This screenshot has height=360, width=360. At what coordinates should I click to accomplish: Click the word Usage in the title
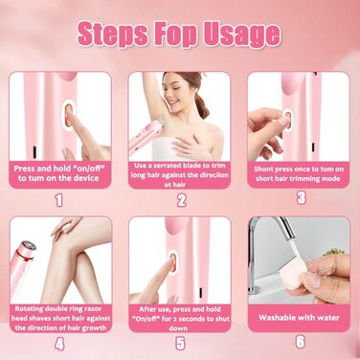point(242,34)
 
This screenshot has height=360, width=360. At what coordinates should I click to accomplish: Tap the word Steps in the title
point(113,34)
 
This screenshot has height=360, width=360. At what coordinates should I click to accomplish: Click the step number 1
point(58,200)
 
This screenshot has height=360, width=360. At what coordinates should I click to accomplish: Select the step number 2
point(181,200)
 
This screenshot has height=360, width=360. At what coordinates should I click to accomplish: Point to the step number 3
point(302,198)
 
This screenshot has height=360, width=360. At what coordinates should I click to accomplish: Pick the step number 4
point(59,344)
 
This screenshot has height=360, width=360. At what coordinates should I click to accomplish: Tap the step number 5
point(180,344)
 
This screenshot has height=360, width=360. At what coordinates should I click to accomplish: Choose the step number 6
point(301,342)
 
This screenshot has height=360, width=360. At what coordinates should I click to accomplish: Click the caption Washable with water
point(299,318)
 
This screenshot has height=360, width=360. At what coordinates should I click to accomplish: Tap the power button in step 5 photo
point(173,262)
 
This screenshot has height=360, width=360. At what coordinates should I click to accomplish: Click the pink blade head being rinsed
point(297,274)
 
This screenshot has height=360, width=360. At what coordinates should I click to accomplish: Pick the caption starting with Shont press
point(299,174)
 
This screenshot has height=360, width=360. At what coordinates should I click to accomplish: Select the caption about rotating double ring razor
point(60,318)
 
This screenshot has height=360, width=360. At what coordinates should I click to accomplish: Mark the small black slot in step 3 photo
point(313,146)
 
